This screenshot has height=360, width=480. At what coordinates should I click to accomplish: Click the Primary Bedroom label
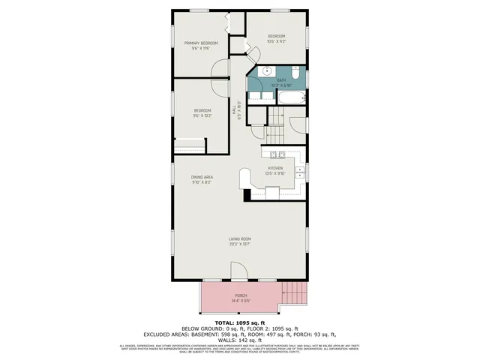pyautogui.click(x=201, y=43)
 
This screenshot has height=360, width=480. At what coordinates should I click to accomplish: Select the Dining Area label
pyautogui.click(x=202, y=177)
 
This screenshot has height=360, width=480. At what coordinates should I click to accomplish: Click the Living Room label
pyautogui.click(x=240, y=239)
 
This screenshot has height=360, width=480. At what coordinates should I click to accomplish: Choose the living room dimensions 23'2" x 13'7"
pyautogui.click(x=240, y=244)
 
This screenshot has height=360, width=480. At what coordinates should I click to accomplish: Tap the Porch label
pyautogui.click(x=240, y=295)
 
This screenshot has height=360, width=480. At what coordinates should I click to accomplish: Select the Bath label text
pyautogui.click(x=281, y=80)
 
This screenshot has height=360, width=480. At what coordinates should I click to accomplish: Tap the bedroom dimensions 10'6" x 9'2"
pyautogui.click(x=277, y=41)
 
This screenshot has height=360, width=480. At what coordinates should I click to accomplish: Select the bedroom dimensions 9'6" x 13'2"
pyautogui.click(x=202, y=115)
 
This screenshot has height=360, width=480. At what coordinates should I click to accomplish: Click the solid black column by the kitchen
pyautogui.click(x=247, y=194)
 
